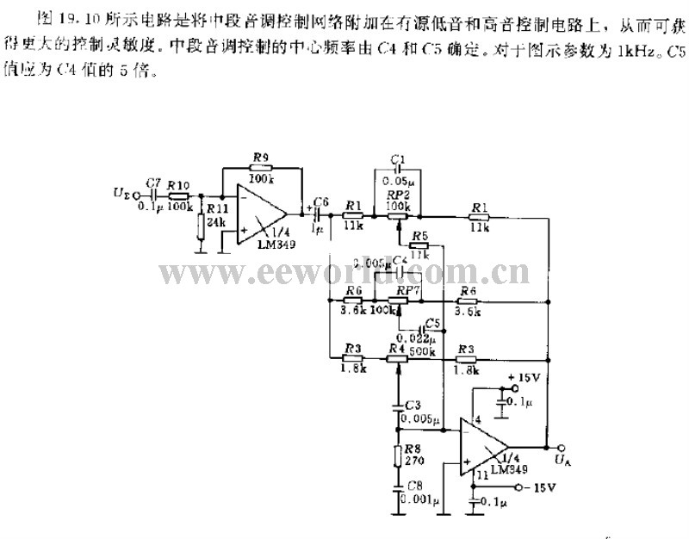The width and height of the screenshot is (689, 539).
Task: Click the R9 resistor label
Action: tap(259, 158)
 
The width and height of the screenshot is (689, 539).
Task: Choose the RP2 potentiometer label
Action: tap(397, 195)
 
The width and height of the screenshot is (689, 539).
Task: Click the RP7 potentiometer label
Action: tap(407, 293)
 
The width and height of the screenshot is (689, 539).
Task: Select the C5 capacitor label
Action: tap(432, 324)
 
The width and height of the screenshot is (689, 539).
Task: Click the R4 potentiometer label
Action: tap(396, 348)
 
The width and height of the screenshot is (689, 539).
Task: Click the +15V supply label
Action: tap(525, 377)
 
